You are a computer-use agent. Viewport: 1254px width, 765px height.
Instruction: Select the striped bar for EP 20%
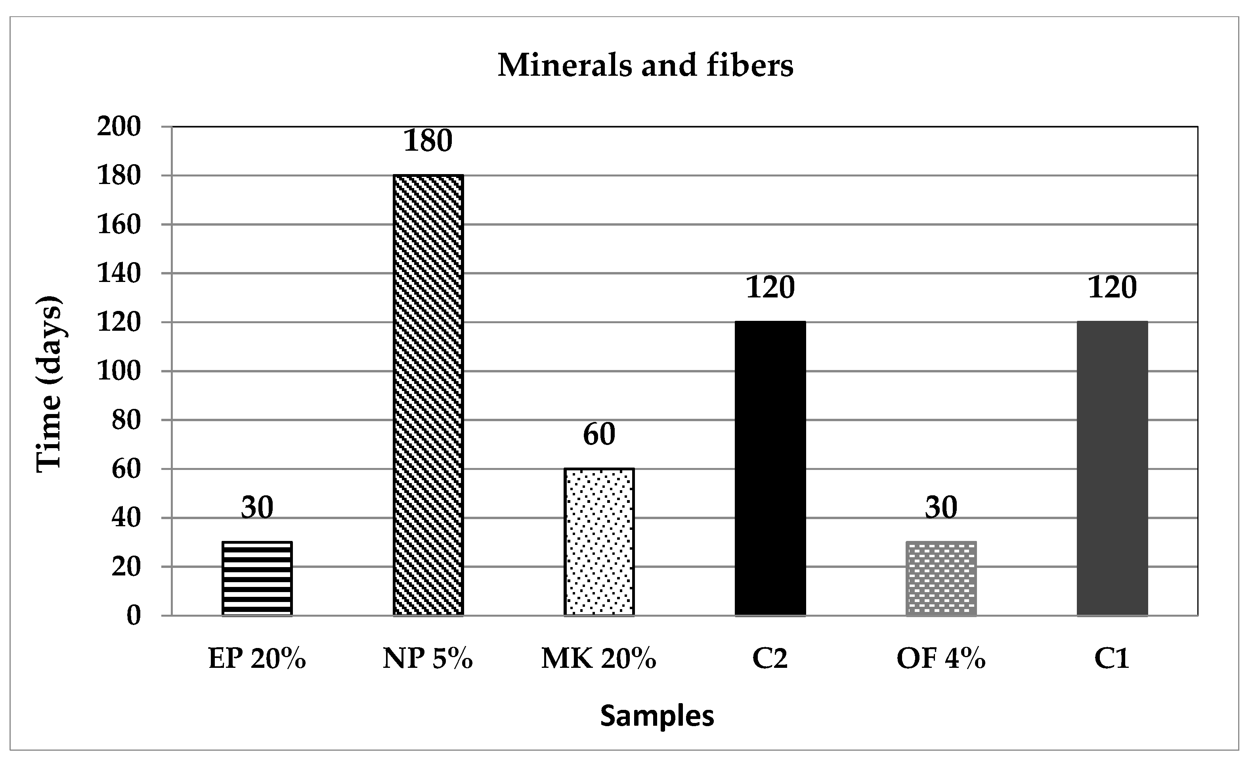pos(257,579)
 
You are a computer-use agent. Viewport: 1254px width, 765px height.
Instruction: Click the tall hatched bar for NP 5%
pos(428,395)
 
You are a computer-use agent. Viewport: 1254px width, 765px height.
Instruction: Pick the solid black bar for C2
pos(770,469)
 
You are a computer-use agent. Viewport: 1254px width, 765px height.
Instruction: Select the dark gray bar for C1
pos(1112,469)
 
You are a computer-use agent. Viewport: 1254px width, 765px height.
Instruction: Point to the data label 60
pos(599,434)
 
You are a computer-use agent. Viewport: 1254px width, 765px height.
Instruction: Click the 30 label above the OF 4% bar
pos(941,507)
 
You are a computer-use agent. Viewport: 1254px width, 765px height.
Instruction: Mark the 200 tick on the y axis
pos(119,127)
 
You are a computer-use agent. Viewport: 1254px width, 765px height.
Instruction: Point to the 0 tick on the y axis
pos(133,616)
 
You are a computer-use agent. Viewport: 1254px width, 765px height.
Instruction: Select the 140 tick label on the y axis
pos(119,274)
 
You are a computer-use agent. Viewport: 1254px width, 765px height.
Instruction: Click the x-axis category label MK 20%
pos(598,659)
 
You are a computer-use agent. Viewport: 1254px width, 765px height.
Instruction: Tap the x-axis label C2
pos(770,659)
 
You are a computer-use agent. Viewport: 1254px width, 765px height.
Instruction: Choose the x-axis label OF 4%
pos(941,659)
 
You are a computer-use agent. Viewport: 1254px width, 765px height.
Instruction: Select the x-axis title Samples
pos(657,715)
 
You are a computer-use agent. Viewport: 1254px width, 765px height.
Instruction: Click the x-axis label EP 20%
pos(257,659)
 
